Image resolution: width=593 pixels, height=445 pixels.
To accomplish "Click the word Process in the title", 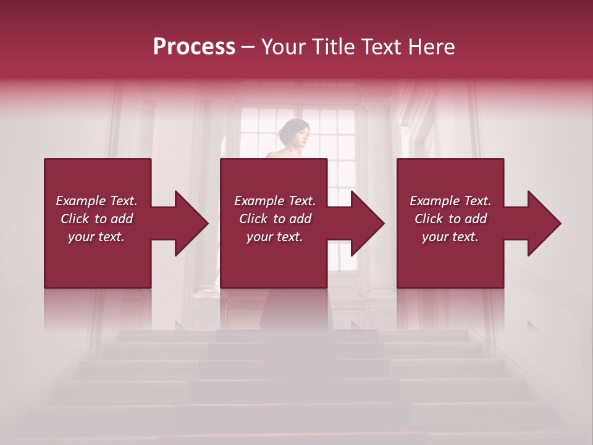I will (194, 47).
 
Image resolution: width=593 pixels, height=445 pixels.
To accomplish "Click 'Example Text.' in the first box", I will (96, 201).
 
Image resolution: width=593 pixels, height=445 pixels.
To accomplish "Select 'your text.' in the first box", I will (96, 237).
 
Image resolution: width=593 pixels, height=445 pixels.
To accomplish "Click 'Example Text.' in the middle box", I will (275, 201).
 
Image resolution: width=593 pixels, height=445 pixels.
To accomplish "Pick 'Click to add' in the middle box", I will (275, 219).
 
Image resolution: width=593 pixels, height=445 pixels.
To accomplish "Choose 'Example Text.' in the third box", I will (450, 201).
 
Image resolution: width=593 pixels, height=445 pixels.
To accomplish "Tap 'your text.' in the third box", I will (450, 237).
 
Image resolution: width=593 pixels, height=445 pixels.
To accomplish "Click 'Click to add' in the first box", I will (96, 219).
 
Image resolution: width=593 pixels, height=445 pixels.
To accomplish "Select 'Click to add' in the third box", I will (450, 219).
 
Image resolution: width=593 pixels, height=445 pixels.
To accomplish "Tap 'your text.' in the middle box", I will (275, 237).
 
